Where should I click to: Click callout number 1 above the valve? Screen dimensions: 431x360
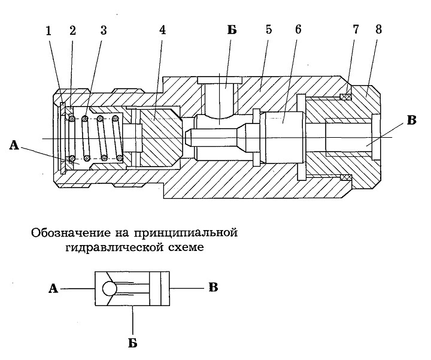point(48,31)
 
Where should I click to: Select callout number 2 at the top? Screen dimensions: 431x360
point(72,31)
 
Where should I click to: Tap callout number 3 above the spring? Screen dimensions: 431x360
point(104,31)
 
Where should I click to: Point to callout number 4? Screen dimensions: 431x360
point(163,31)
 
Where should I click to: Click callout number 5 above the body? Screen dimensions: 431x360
point(269,29)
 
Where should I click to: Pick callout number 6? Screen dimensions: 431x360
point(298,29)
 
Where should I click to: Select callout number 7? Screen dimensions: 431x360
point(356,29)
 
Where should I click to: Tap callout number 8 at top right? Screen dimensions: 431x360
point(378,29)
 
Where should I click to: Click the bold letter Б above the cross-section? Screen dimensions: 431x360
point(232,30)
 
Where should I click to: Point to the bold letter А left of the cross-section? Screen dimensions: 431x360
point(14,145)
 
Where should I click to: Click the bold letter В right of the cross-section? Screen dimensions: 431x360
point(411,120)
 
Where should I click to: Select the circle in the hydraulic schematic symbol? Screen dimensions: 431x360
point(110,289)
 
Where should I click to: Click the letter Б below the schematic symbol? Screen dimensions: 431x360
point(133,343)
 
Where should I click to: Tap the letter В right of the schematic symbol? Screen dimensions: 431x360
point(213,288)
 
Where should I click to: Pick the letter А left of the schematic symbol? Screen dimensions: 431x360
point(53,289)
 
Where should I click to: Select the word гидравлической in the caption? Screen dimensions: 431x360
point(114,247)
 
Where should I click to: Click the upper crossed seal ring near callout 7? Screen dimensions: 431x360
point(346,96)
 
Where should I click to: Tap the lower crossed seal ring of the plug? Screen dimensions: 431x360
point(346,177)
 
